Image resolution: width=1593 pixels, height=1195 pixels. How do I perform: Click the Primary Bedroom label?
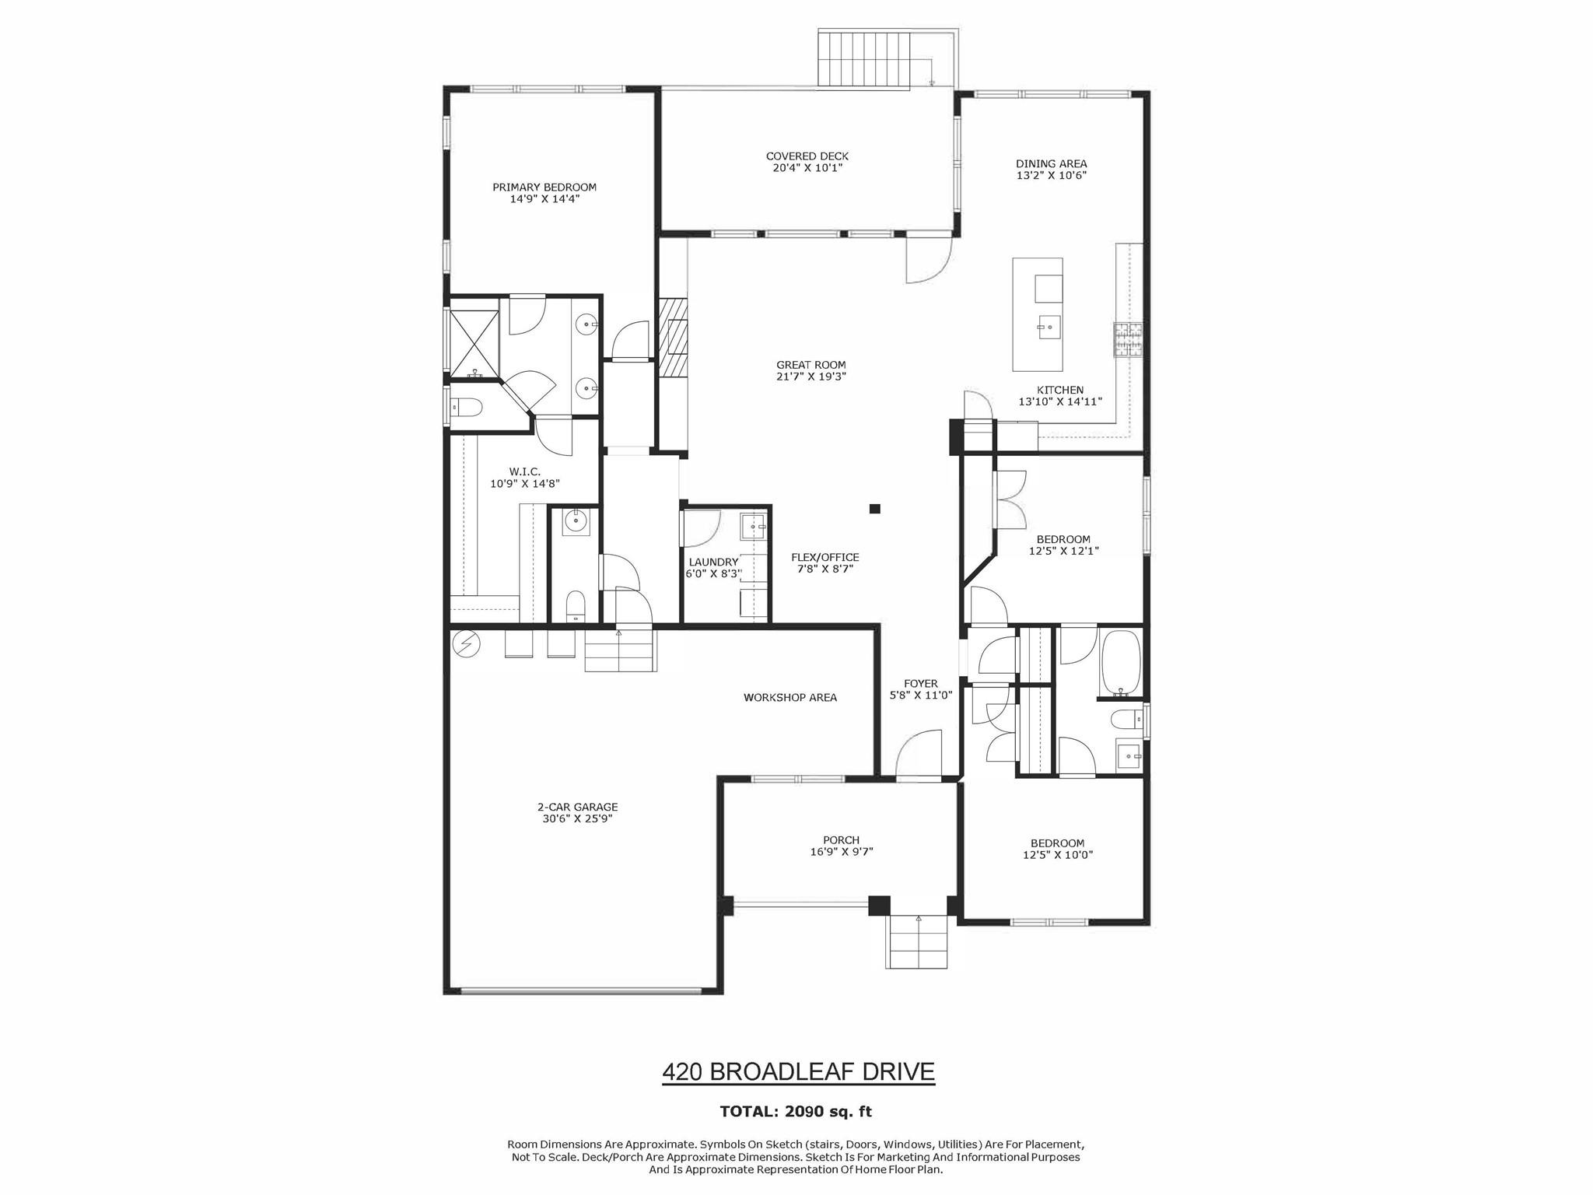(x=544, y=187)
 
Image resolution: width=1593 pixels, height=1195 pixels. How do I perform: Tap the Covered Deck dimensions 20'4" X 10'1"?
(x=807, y=168)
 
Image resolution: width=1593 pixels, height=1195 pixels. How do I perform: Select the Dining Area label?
(x=1052, y=163)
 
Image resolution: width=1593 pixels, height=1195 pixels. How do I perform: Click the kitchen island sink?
(x=1049, y=328)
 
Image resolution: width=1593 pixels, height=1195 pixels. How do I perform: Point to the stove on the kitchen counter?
(x=1128, y=339)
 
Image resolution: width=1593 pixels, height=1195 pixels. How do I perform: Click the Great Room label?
(x=811, y=365)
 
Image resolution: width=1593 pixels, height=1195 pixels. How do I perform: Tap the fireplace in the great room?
(x=674, y=337)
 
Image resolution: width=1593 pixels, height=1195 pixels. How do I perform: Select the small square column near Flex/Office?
(x=875, y=509)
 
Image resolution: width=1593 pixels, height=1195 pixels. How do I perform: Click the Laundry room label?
(x=713, y=562)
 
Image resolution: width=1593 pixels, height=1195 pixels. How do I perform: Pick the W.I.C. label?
(x=525, y=471)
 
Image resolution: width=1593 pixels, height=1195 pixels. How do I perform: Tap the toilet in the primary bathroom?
(x=467, y=407)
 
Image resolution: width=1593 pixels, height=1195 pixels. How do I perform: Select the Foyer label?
(x=921, y=683)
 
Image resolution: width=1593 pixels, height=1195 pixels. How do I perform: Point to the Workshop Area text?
(x=790, y=697)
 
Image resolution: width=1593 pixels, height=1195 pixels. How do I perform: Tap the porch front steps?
(x=916, y=941)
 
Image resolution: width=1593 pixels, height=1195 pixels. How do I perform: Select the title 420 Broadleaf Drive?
(x=798, y=1072)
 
